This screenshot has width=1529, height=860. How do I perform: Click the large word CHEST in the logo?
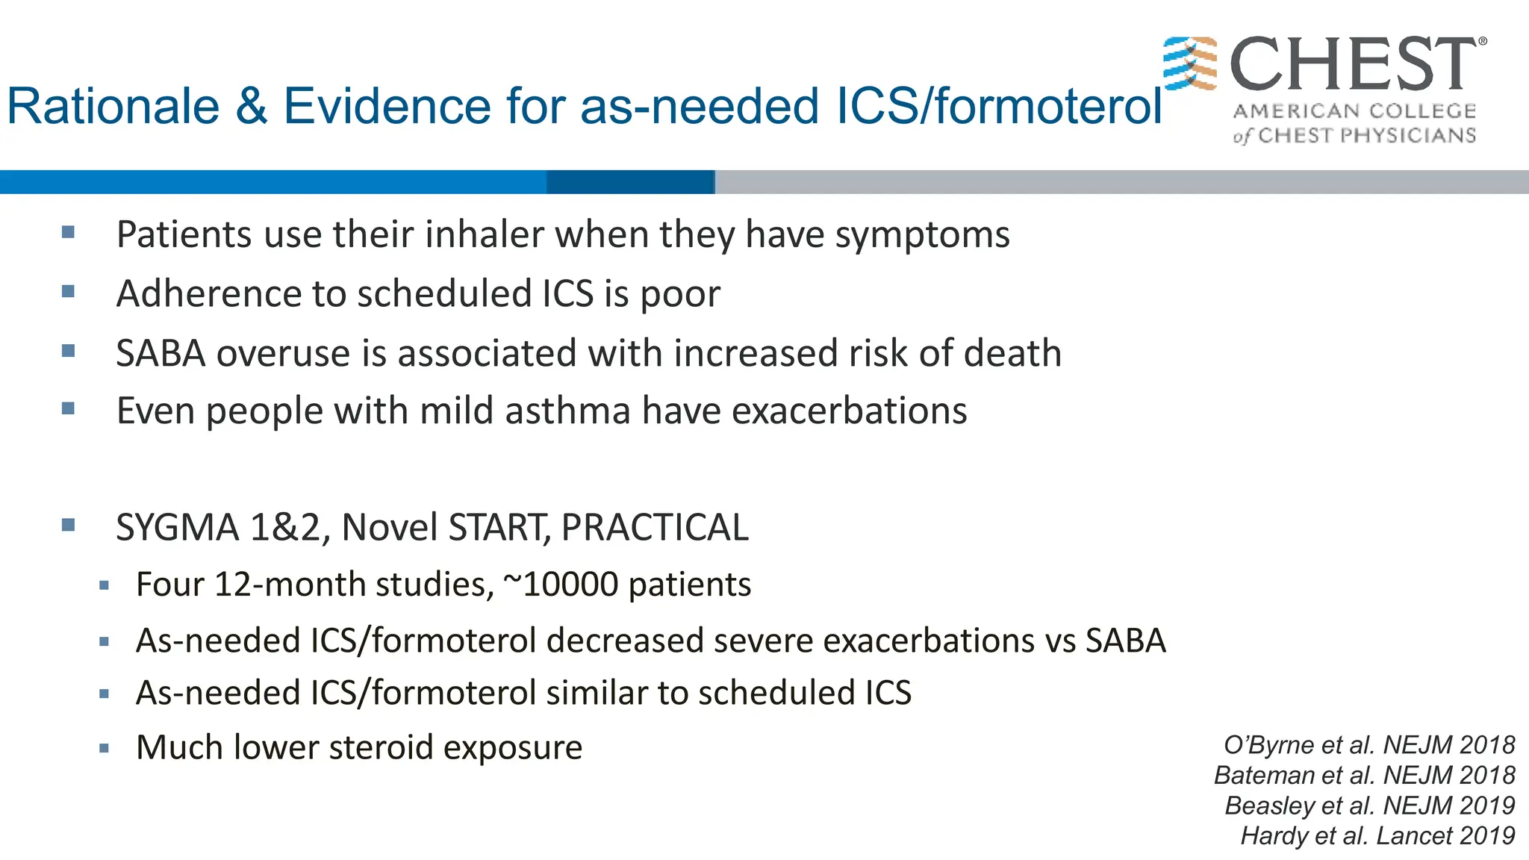(x=1352, y=65)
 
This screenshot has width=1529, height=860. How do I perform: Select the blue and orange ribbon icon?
(x=1190, y=63)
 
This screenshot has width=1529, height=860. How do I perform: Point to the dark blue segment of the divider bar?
(x=631, y=181)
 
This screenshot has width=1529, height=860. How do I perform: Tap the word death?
(x=1012, y=353)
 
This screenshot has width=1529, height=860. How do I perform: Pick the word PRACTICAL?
(x=655, y=528)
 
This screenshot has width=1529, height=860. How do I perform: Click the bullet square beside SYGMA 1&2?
(x=69, y=525)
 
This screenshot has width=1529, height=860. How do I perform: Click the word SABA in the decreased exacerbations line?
(x=1125, y=641)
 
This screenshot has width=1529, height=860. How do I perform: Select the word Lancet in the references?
(x=1413, y=835)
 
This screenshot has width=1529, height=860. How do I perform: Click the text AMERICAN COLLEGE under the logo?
(x=1354, y=111)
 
